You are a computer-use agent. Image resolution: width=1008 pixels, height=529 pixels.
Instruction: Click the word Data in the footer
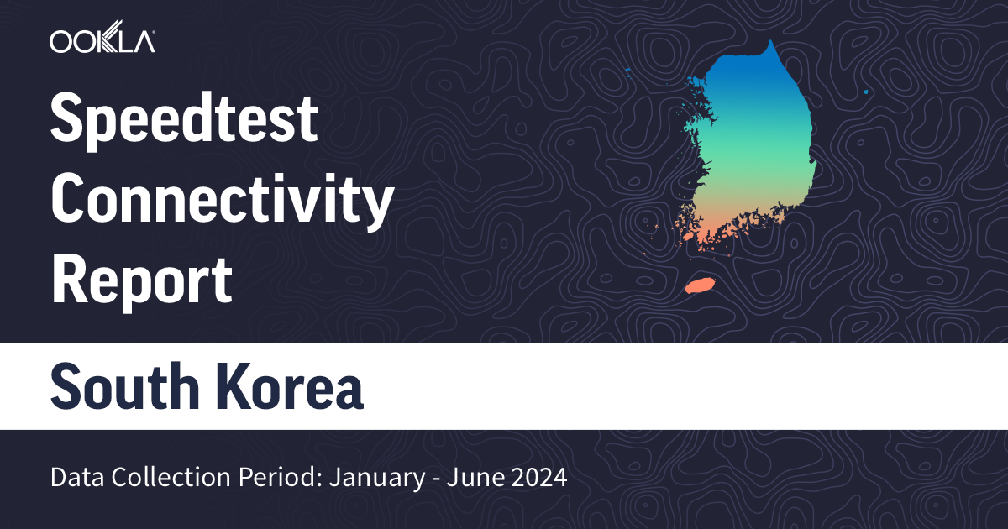(73, 479)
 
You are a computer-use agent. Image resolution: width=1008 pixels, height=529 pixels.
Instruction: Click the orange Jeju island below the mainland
(699, 285)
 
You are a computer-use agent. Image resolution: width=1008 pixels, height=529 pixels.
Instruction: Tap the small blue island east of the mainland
(866, 92)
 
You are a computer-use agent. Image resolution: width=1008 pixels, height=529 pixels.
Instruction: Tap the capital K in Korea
(218, 386)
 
